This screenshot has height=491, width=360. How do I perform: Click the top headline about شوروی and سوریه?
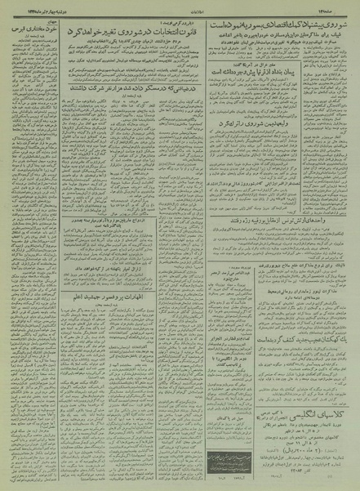point(282,27)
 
